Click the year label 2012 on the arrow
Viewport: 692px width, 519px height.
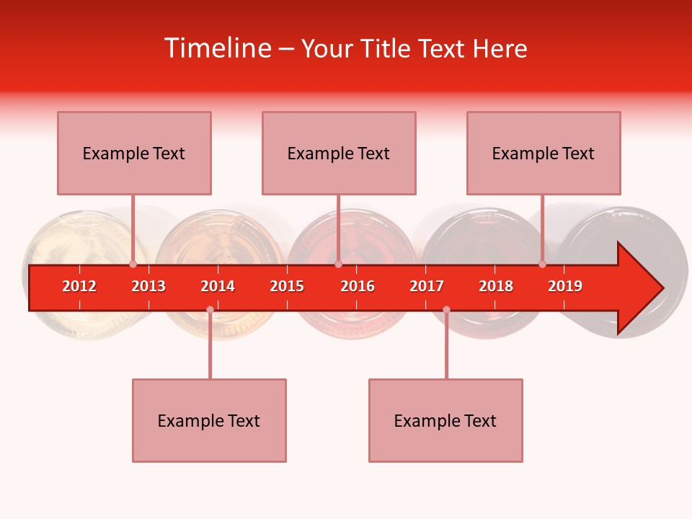click(x=79, y=286)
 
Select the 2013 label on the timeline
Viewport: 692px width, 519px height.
click(x=148, y=286)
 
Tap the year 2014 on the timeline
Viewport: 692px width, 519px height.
click(x=218, y=286)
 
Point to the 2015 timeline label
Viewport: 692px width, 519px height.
click(x=287, y=286)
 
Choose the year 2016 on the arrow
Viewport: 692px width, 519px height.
click(x=358, y=286)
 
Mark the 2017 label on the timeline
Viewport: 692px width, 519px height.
click(x=427, y=286)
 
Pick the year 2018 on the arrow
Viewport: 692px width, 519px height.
click(x=496, y=286)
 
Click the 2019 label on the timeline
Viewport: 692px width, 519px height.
click(x=565, y=286)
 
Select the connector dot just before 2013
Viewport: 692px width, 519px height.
click(x=133, y=265)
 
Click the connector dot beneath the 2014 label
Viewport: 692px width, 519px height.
click(x=210, y=309)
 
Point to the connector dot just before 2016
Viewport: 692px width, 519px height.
click(x=338, y=265)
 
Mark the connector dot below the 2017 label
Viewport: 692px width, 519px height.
click(x=446, y=309)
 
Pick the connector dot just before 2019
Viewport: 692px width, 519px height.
click(x=542, y=265)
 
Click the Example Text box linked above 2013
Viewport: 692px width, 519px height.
click(x=134, y=153)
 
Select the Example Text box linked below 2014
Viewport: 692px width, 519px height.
click(x=209, y=420)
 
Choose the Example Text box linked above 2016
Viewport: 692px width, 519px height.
click(x=339, y=153)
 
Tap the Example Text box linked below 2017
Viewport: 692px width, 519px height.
click(x=445, y=420)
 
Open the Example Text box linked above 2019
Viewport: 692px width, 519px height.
click(x=544, y=153)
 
